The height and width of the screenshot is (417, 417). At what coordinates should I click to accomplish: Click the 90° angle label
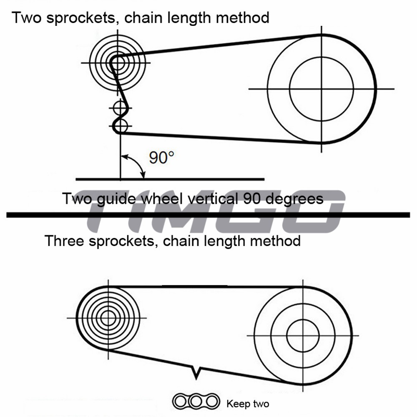click(161, 158)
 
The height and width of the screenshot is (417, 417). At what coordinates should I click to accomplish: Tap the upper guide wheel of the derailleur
click(121, 108)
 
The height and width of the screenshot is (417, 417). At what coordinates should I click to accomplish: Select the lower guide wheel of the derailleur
click(121, 126)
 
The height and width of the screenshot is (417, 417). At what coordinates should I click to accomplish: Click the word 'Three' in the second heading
click(64, 241)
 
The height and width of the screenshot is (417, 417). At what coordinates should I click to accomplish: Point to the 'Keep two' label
click(248, 404)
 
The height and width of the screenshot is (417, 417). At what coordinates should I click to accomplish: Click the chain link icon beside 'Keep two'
click(196, 402)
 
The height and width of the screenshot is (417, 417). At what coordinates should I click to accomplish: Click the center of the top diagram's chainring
click(322, 89)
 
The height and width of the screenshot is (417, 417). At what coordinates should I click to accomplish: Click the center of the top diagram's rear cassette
click(118, 63)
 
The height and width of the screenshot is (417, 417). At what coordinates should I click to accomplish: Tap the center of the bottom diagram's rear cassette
click(108, 318)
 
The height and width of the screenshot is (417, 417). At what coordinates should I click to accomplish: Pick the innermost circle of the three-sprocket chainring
click(303, 336)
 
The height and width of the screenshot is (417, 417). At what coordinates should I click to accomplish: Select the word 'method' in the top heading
click(243, 18)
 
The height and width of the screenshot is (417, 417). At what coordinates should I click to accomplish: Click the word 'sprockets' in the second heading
click(121, 241)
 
